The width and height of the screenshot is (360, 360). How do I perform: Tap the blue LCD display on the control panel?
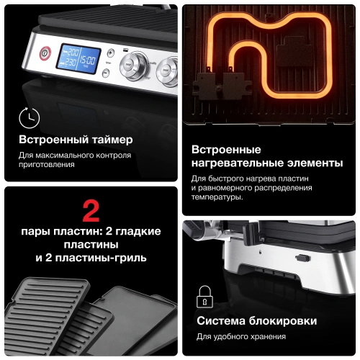point(78,57)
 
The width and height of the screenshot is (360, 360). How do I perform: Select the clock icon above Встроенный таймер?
point(30,117)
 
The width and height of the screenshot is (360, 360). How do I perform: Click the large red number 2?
point(91,210)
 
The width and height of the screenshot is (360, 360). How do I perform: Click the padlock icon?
point(204,296)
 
